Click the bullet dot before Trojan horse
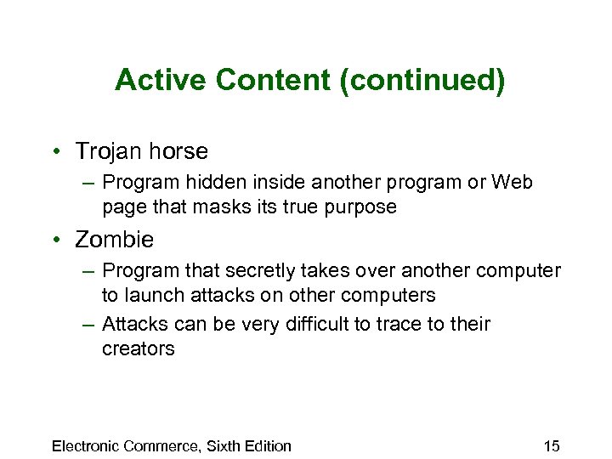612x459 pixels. coord(56,152)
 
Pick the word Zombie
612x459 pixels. coord(114,240)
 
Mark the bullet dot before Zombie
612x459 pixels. coord(56,241)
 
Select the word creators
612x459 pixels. coord(138,348)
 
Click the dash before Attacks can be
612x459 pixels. coord(89,324)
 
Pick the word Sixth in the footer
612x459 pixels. coord(223,445)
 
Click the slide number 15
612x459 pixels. coord(551,445)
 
